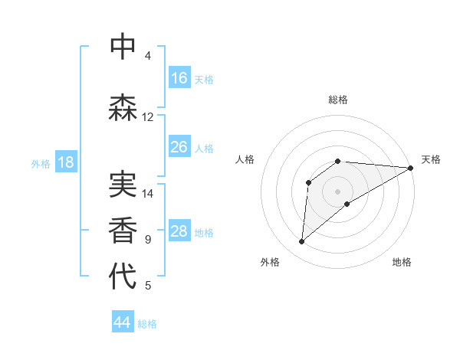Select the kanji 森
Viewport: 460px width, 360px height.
123,107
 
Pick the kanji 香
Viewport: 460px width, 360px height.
123,230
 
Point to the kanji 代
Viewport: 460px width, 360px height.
123,277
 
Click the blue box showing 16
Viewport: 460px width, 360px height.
179,78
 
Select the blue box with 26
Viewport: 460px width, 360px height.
179,147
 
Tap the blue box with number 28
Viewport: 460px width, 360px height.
179,232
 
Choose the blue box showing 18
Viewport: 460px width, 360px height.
65,163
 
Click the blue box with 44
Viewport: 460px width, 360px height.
123,322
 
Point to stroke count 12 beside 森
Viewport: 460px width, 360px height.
148,117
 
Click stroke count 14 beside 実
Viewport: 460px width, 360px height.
148,194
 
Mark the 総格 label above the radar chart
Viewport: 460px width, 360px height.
338,100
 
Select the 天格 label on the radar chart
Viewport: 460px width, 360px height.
431,159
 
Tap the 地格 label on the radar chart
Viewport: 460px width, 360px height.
402,262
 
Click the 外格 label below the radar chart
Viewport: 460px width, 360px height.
270,262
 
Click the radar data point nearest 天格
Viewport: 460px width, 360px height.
412,168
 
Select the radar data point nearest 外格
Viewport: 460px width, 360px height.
301,242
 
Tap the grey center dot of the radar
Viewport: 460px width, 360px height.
337,191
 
